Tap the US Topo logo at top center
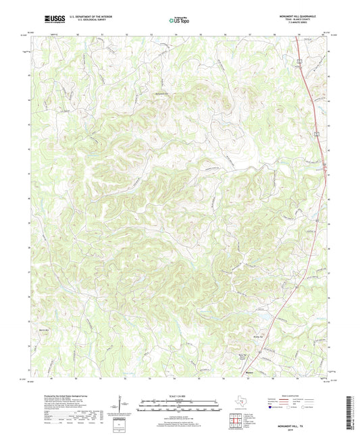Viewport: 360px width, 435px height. (x=178, y=20)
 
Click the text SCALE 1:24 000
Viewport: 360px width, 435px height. (x=179, y=396)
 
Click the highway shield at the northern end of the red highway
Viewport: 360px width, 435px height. (x=297, y=61)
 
